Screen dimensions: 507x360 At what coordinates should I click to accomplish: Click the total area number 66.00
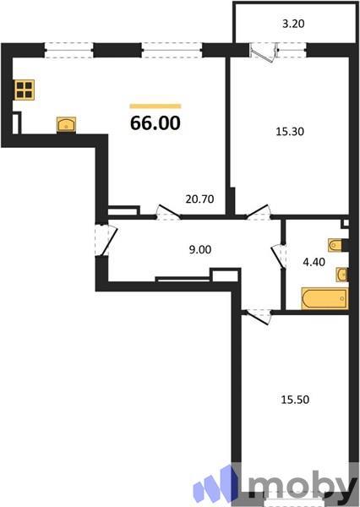[x=155, y=123]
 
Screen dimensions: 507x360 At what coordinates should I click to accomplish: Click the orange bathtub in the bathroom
[x=325, y=299]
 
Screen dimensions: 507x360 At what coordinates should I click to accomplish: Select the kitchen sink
[x=66, y=125]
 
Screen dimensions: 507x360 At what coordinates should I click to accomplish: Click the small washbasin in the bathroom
[x=341, y=274]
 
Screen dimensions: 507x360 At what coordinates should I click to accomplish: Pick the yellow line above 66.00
[x=155, y=106]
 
